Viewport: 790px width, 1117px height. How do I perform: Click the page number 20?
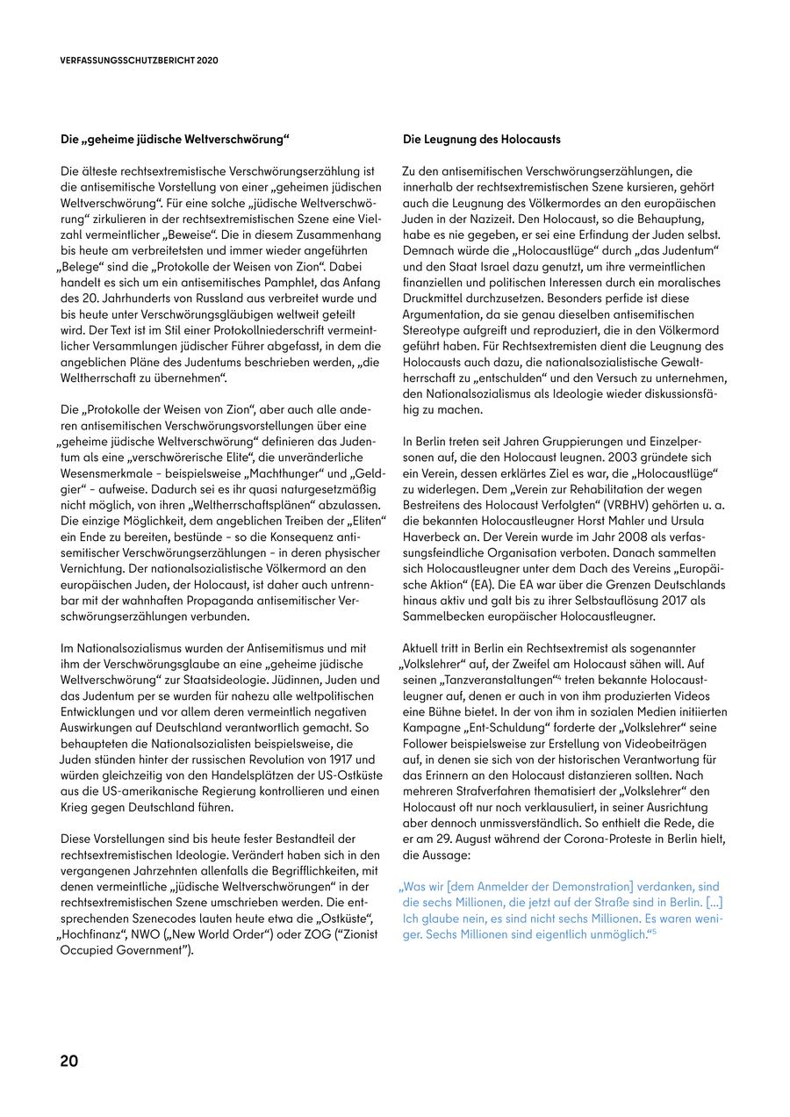click(69, 1060)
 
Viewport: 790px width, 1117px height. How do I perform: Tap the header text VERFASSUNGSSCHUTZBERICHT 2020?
click(140, 61)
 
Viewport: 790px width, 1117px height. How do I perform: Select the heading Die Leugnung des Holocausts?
click(482, 140)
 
